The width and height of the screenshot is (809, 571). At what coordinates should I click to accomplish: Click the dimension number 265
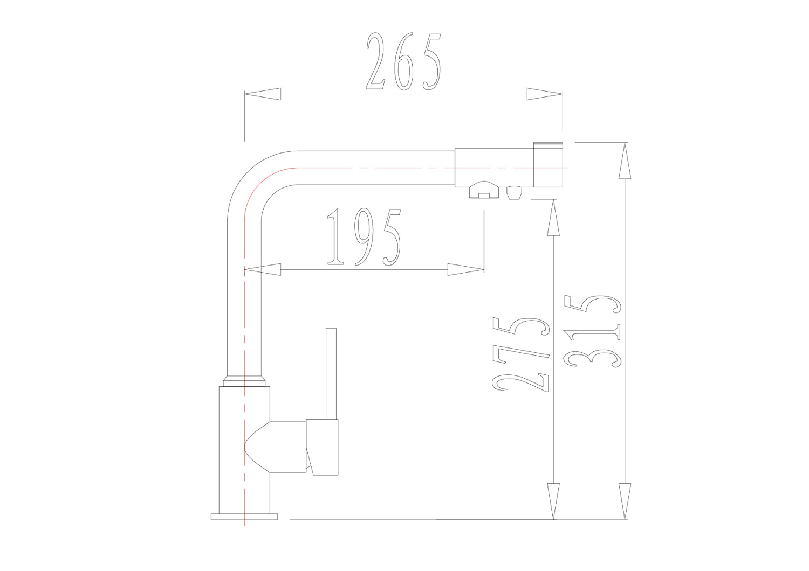click(x=404, y=61)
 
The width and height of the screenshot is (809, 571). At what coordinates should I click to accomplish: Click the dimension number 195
click(x=364, y=237)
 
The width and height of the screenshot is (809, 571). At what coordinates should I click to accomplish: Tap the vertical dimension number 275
click(x=521, y=354)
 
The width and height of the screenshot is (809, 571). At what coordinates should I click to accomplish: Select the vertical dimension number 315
click(x=593, y=331)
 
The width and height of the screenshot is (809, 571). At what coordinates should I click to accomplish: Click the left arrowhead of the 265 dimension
click(x=263, y=94)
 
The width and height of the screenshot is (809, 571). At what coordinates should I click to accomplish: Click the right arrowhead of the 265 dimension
click(x=544, y=94)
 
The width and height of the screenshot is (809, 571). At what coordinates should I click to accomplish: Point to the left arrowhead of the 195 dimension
click(x=263, y=269)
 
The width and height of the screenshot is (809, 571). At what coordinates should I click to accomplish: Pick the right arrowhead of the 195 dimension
click(x=466, y=269)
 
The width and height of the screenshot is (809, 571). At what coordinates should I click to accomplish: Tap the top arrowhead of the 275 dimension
click(x=553, y=218)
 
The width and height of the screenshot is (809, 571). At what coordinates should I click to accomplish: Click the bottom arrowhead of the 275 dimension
click(x=553, y=502)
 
